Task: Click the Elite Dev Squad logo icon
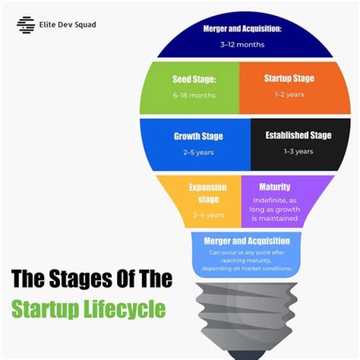[x=25, y=25]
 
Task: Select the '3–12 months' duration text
[x=242, y=44]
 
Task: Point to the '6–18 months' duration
[x=194, y=95]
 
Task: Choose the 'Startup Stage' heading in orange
[x=289, y=78]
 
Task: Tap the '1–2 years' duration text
[x=289, y=94]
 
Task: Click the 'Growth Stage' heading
[x=198, y=136]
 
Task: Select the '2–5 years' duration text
[x=198, y=152]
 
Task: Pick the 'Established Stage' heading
[x=298, y=135]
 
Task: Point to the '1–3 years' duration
[x=298, y=151]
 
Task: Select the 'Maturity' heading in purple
[x=274, y=187]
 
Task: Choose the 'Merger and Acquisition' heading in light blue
[x=247, y=241]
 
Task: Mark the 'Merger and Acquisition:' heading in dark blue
[x=242, y=29]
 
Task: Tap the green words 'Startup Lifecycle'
[x=88, y=309]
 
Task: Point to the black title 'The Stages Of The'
[x=92, y=278]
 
